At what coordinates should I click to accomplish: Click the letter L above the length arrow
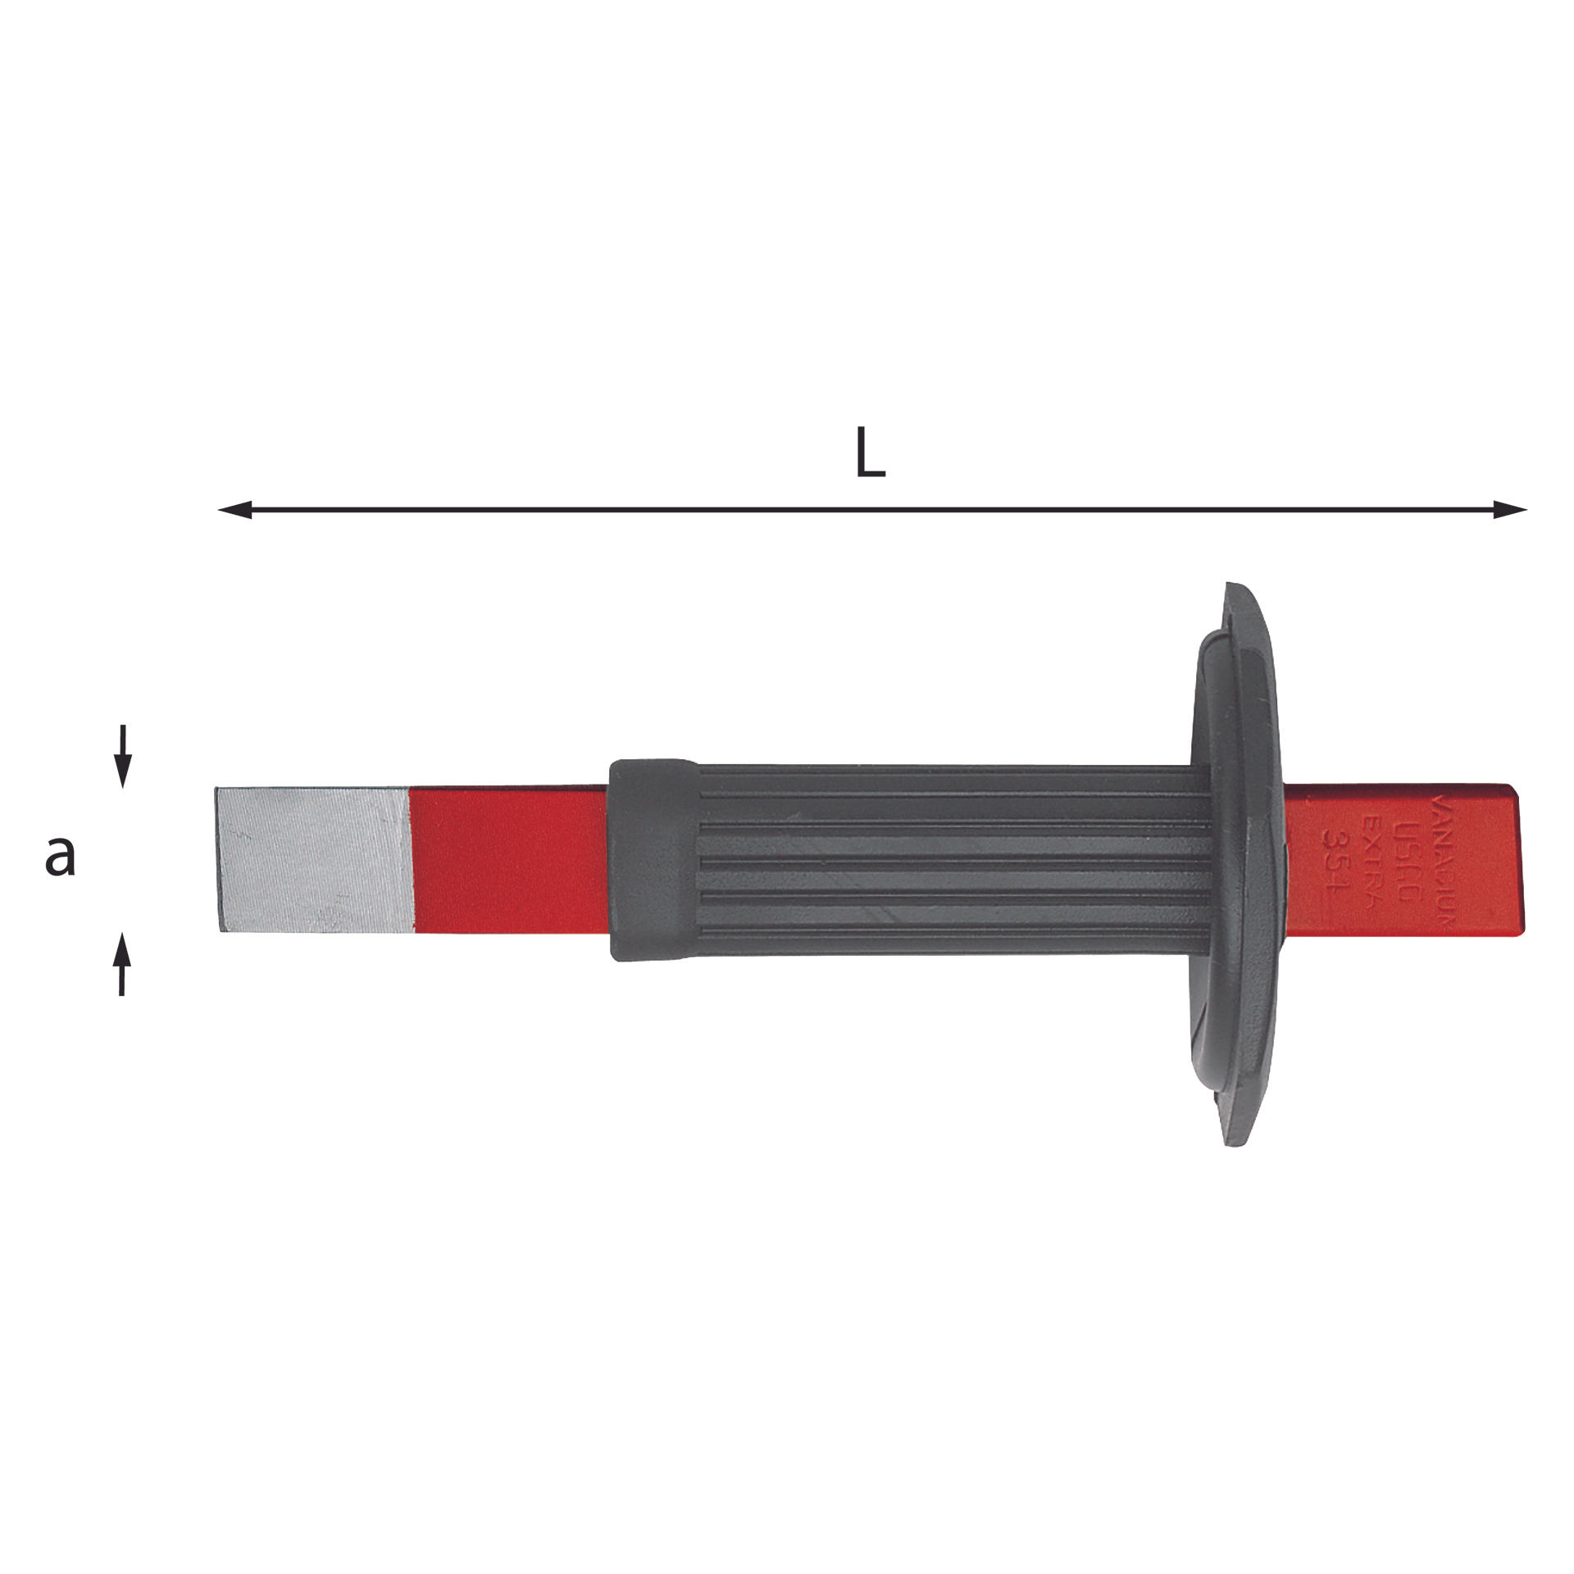870,453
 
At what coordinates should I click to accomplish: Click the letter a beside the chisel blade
60,856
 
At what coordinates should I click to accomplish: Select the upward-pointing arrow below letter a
122,963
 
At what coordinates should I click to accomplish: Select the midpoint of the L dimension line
872,510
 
